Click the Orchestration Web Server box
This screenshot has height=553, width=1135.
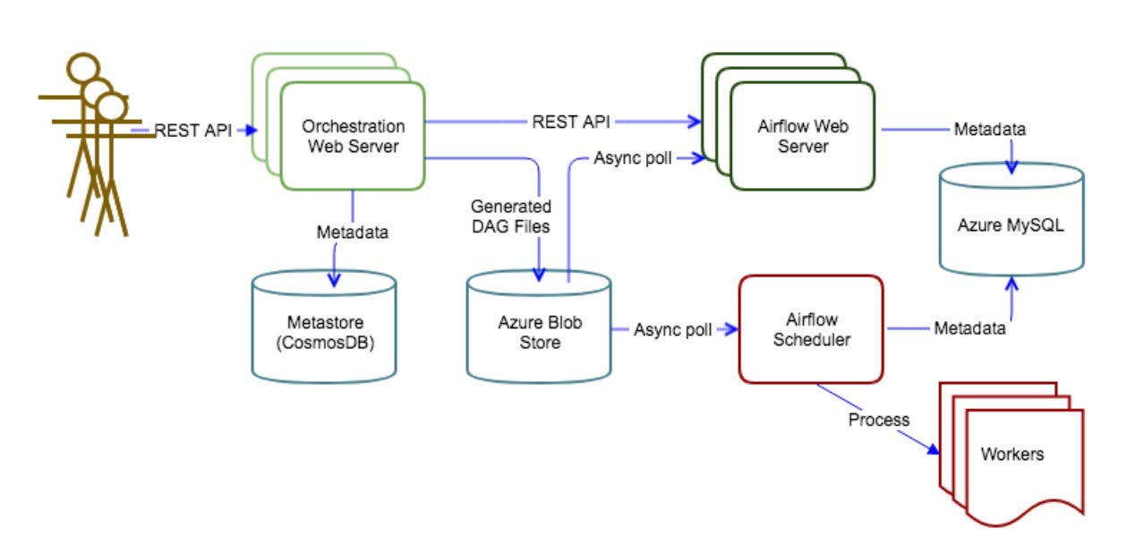[353, 136]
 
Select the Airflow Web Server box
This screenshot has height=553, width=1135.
[802, 136]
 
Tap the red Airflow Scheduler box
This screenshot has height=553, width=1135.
[811, 329]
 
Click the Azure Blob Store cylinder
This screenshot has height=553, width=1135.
[540, 331]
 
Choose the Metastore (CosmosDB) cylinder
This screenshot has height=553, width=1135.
[323, 331]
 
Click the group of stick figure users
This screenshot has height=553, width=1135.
[90, 143]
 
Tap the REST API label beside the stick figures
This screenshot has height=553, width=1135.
[193, 131]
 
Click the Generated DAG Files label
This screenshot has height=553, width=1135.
[510, 217]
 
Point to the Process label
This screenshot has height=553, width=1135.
[879, 420]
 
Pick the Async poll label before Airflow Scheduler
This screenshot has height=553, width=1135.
[673, 329]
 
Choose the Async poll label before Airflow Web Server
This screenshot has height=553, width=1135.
[633, 158]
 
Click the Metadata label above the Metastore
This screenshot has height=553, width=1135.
[353, 232]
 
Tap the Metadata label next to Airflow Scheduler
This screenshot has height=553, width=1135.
[969, 328]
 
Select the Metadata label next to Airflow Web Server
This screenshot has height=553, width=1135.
[989, 130]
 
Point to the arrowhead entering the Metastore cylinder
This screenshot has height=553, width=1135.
[336, 280]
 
